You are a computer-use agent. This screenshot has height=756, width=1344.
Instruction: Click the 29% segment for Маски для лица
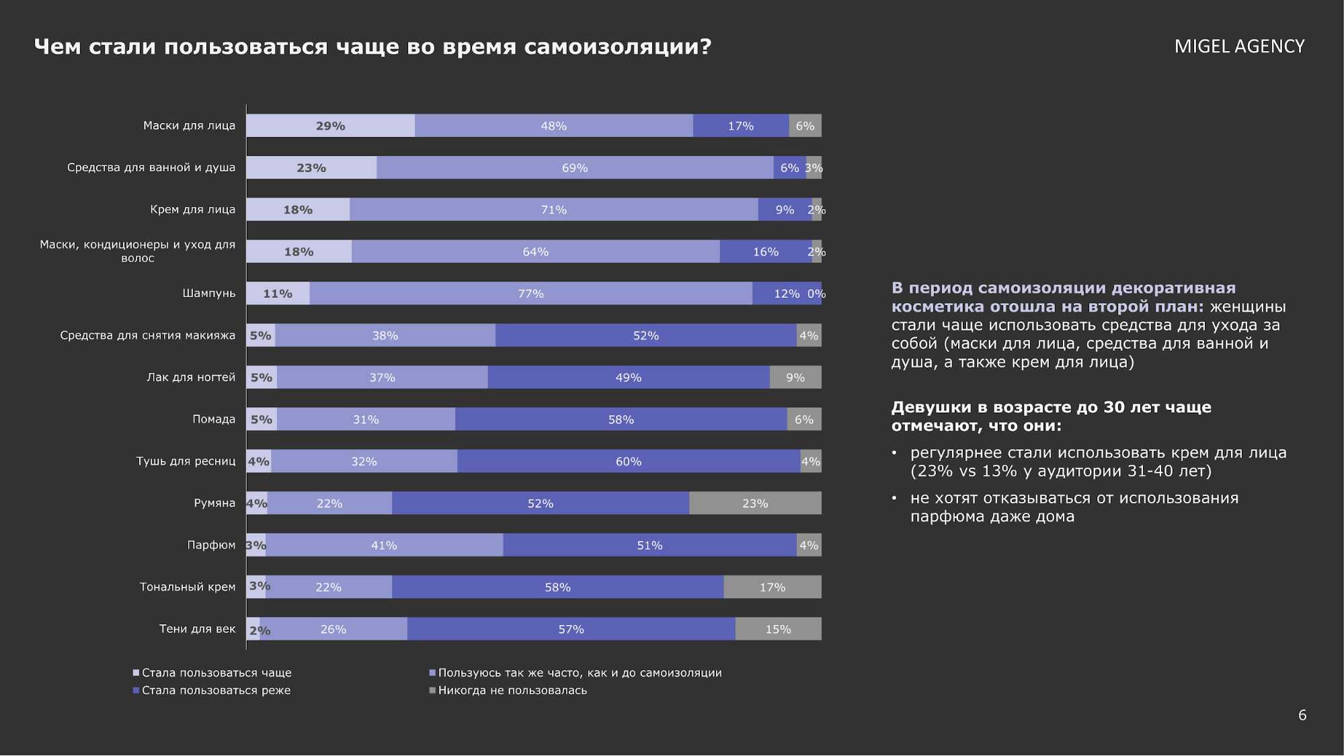click(330, 126)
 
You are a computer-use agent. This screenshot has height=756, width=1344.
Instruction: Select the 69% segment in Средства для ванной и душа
click(575, 168)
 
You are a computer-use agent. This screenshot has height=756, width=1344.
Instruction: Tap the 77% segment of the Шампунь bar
click(530, 294)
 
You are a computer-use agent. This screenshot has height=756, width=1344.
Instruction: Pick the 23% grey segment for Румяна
click(754, 503)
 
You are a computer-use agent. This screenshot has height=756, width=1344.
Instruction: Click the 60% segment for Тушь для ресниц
click(629, 462)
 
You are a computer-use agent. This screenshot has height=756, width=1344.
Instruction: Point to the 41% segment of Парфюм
click(384, 546)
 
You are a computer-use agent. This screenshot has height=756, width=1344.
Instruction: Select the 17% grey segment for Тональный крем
click(772, 587)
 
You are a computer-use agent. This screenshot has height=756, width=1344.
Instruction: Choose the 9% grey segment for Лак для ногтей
click(795, 378)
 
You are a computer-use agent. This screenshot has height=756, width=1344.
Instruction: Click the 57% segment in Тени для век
click(571, 630)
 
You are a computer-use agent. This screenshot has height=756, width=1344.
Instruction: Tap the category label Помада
click(214, 419)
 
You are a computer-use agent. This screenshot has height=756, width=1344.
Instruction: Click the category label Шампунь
click(208, 294)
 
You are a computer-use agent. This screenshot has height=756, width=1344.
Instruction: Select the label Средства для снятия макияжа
click(147, 335)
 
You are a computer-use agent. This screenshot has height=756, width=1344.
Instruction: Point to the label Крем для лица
click(192, 210)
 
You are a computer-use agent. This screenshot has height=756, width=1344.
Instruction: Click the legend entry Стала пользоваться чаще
click(216, 673)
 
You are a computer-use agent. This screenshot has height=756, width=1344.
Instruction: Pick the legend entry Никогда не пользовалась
click(512, 690)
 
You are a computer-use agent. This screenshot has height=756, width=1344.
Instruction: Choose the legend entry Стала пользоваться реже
click(216, 690)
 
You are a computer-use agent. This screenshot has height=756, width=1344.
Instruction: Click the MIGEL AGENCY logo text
click(1239, 46)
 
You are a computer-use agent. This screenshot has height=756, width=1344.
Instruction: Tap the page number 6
click(1302, 715)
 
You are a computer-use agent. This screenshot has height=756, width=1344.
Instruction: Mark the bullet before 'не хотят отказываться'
click(894, 499)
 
